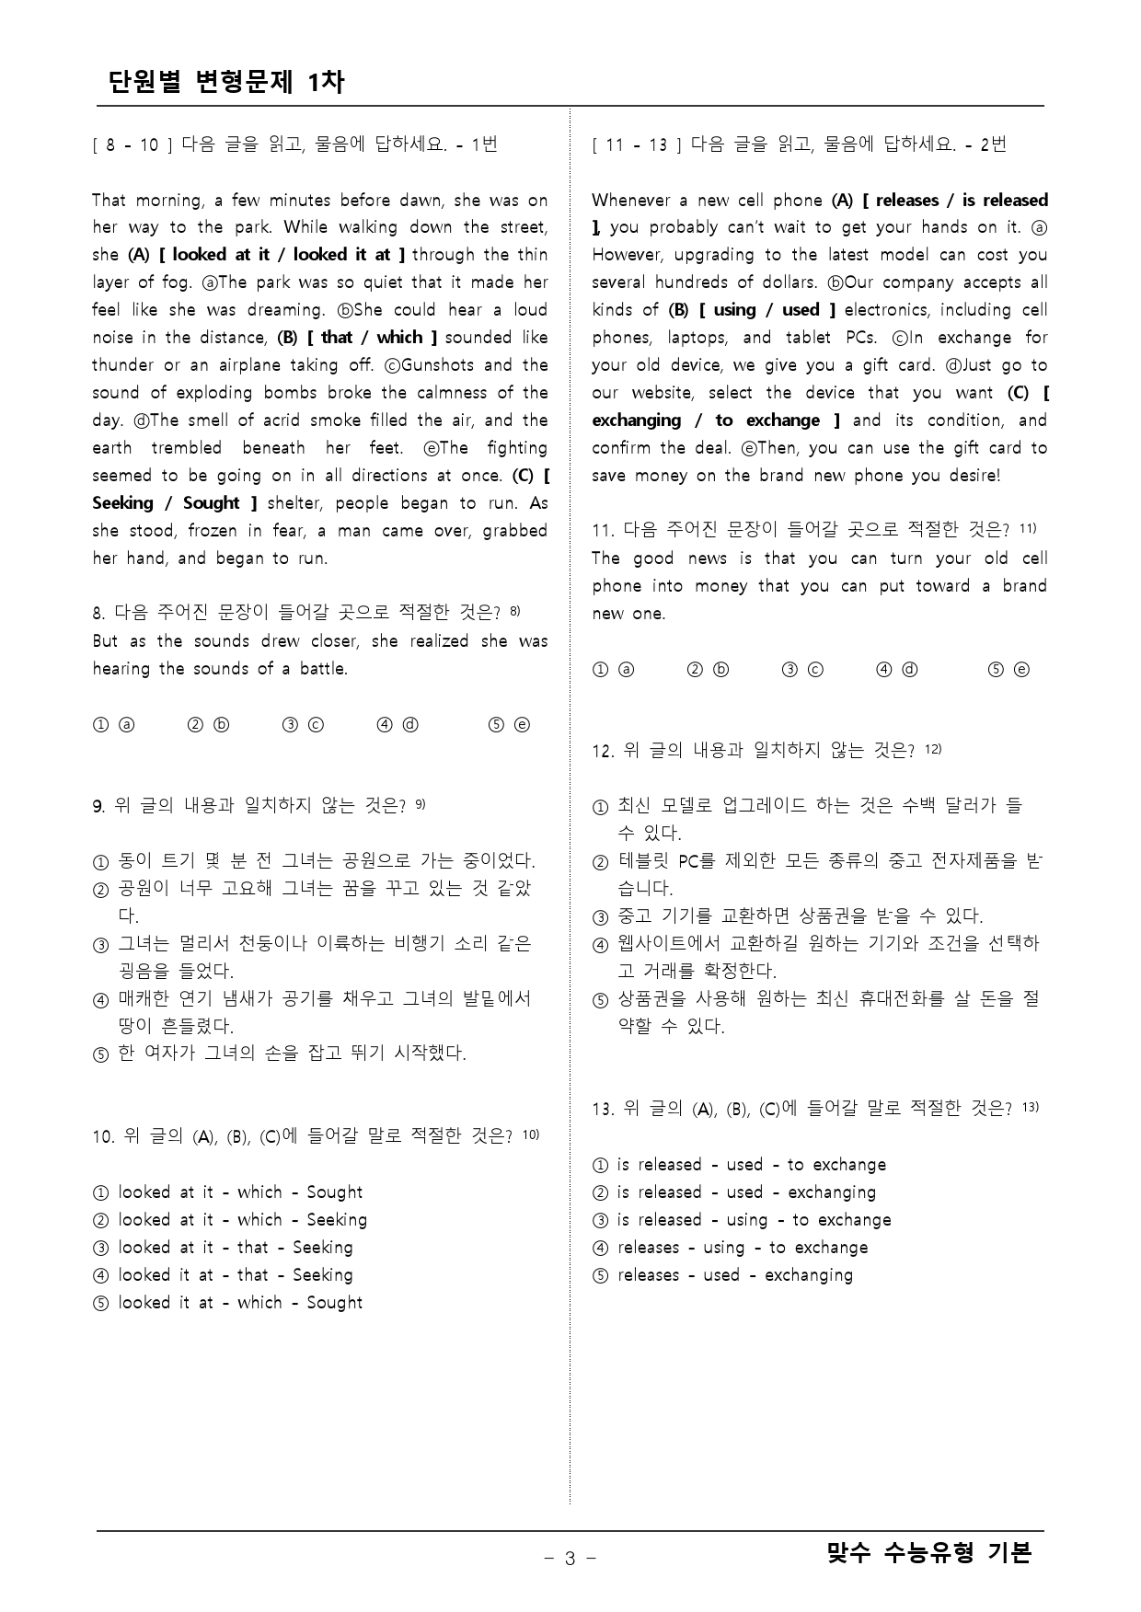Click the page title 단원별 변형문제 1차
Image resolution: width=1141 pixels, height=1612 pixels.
(226, 82)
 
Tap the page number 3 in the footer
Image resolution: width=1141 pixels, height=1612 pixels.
(570, 1558)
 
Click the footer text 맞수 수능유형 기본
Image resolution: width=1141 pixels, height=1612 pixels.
(929, 1553)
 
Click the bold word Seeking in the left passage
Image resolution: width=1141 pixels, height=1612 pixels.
(123, 503)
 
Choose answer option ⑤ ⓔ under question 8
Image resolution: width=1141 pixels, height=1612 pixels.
(509, 725)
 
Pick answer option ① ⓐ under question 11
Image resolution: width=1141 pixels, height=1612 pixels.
(613, 670)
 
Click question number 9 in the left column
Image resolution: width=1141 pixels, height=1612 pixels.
(98, 807)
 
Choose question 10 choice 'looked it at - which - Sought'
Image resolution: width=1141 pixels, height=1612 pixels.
(239, 1303)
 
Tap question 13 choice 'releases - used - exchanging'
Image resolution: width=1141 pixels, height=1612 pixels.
(734, 1275)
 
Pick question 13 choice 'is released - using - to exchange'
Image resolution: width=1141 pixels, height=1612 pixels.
(753, 1220)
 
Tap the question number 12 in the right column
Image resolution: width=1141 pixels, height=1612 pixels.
(602, 752)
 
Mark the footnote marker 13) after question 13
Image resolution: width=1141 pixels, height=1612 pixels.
(1030, 1106)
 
